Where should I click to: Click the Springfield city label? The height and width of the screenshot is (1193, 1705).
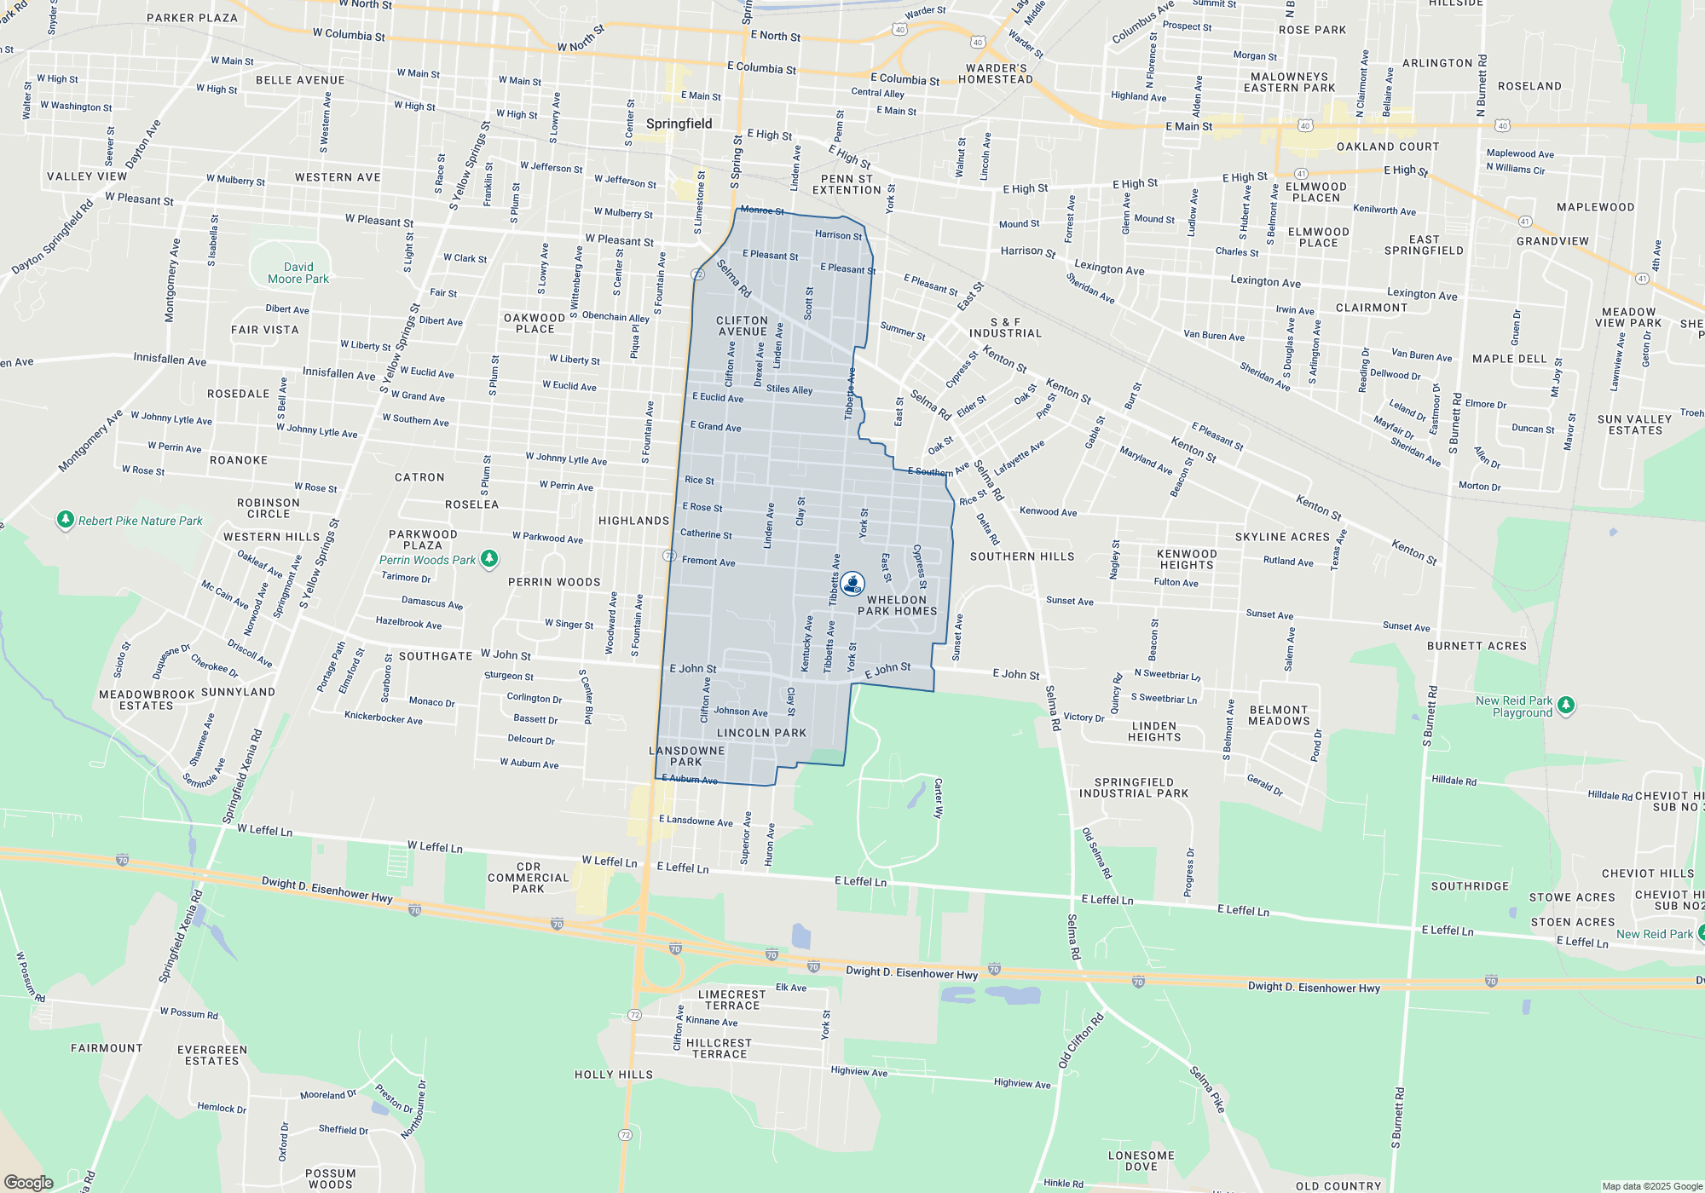click(x=679, y=124)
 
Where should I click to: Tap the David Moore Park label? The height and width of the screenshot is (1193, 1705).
click(x=298, y=273)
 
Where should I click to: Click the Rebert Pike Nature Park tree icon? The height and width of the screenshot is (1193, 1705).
click(x=65, y=519)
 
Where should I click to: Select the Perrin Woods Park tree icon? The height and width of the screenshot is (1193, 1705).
click(x=489, y=559)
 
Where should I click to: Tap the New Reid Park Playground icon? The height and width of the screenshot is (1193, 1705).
click(x=1565, y=706)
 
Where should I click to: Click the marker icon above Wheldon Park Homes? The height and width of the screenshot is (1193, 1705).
click(x=852, y=583)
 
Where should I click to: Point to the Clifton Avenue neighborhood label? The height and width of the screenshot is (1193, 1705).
click(x=742, y=326)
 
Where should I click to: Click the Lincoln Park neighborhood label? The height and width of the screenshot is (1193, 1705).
click(x=761, y=733)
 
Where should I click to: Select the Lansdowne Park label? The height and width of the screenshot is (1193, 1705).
click(x=686, y=756)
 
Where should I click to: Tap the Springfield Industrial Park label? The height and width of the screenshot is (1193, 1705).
click(x=1133, y=787)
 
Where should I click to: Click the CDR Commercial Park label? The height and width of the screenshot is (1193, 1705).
click(x=528, y=878)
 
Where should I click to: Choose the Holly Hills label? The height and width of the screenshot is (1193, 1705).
click(x=614, y=1075)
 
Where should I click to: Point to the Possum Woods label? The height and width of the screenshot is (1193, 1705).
click(x=330, y=1179)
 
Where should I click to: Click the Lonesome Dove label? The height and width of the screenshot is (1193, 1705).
click(x=1141, y=1161)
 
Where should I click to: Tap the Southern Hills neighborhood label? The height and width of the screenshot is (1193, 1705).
click(x=1022, y=556)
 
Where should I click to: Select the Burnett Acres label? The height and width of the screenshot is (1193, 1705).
click(x=1477, y=646)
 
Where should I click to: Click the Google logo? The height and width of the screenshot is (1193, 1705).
click(x=29, y=1182)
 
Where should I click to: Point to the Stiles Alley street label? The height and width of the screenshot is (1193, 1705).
click(x=789, y=389)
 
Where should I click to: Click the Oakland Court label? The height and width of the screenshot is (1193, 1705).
click(x=1387, y=147)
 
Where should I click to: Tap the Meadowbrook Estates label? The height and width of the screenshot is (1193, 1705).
click(x=147, y=700)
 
